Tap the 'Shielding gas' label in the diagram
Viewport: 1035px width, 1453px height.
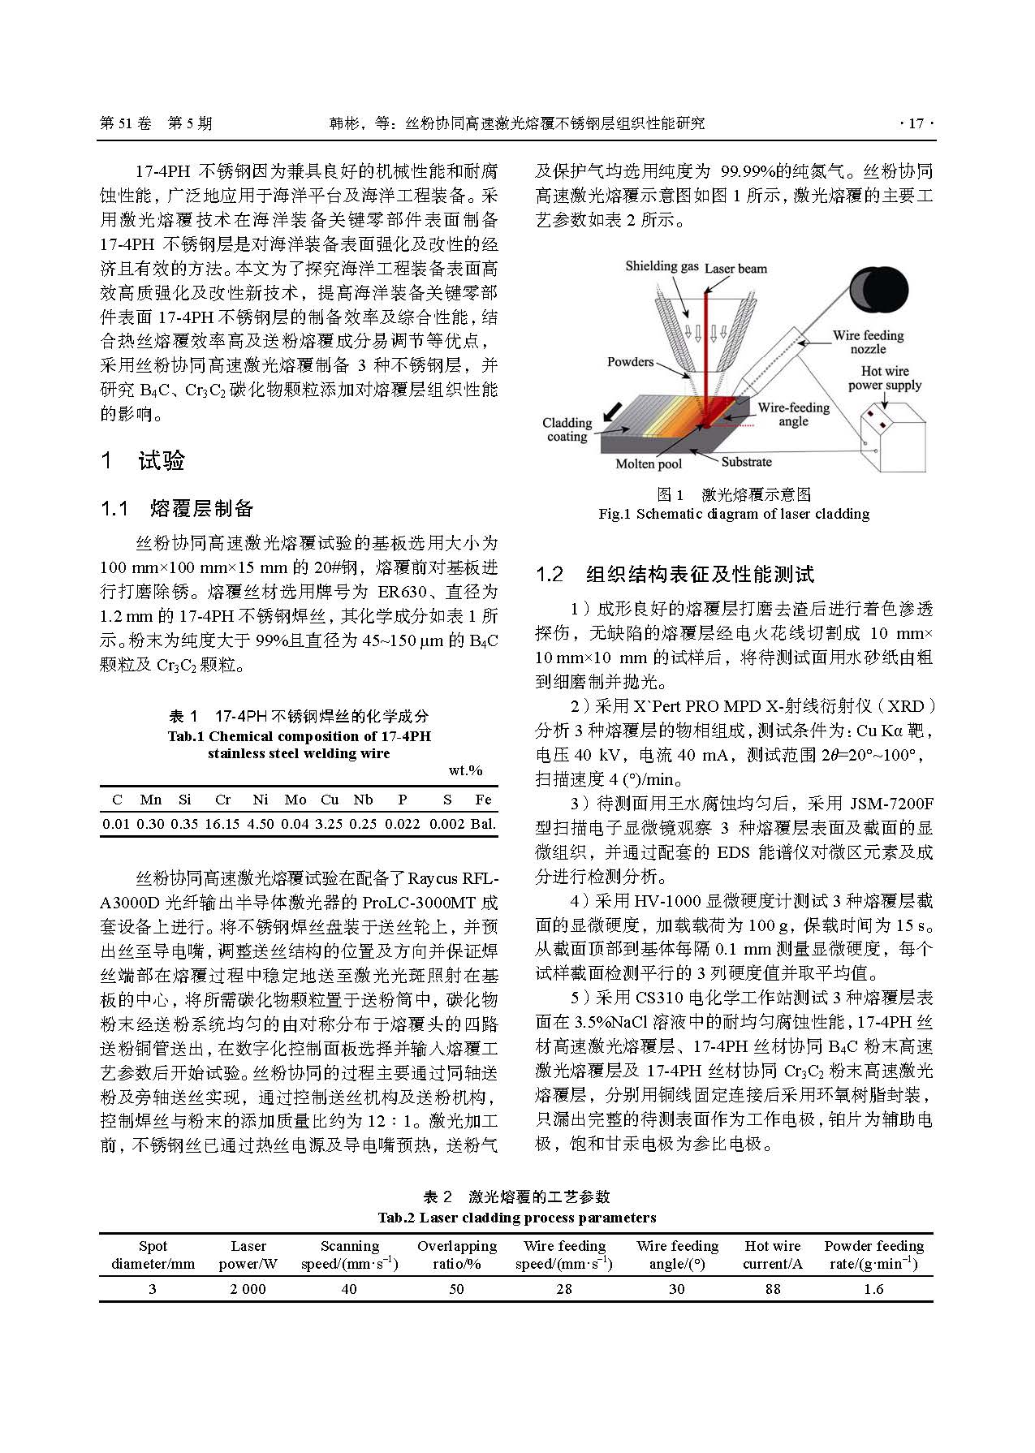click(662, 266)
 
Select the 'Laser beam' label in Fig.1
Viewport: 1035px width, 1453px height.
click(735, 269)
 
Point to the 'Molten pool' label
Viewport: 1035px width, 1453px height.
click(649, 464)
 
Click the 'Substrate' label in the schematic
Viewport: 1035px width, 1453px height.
click(746, 462)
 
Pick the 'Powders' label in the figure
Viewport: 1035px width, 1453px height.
click(630, 362)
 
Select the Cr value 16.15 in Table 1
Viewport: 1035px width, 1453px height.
click(222, 824)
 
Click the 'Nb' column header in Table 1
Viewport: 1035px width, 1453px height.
click(363, 800)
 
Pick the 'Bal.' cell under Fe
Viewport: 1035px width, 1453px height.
click(483, 824)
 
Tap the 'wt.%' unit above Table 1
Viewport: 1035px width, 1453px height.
click(465, 770)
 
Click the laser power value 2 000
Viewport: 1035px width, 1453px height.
click(248, 1289)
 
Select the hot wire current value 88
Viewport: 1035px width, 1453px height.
click(772, 1289)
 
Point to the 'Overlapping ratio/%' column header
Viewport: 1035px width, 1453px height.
click(456, 1255)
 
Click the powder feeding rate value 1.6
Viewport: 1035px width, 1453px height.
click(873, 1289)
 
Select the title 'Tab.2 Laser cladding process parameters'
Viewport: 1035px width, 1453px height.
click(516, 1218)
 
